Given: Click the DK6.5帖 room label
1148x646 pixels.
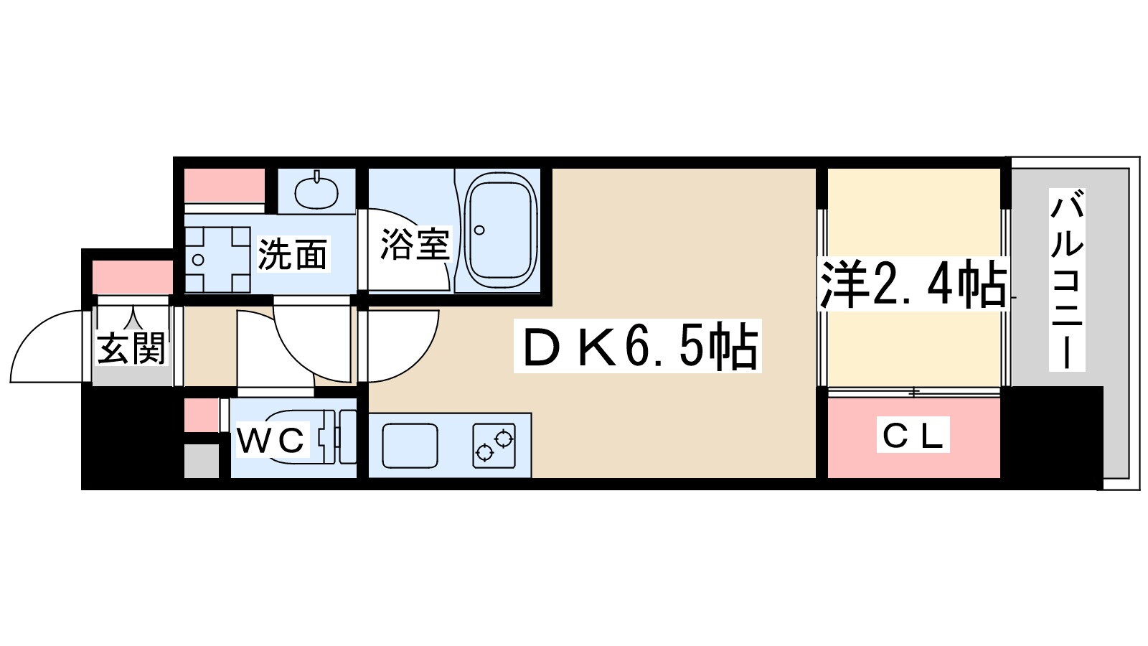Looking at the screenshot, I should point(637,348).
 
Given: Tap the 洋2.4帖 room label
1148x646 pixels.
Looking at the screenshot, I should point(913,284).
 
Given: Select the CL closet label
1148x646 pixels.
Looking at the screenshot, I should point(913,435).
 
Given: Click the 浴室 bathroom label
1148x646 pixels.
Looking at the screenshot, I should point(415,244).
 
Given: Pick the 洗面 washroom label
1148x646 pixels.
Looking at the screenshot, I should point(293,254).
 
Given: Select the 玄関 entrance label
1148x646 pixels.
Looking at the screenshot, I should point(131,348).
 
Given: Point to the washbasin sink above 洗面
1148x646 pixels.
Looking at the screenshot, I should point(316,190).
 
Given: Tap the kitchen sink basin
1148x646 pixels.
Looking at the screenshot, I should point(410,445).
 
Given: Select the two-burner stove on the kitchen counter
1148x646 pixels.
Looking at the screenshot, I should point(494,445).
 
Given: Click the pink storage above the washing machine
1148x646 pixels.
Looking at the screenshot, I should point(225,185).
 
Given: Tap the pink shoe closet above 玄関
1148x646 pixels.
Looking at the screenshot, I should point(133,277).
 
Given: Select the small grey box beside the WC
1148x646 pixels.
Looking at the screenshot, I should point(202,461).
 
